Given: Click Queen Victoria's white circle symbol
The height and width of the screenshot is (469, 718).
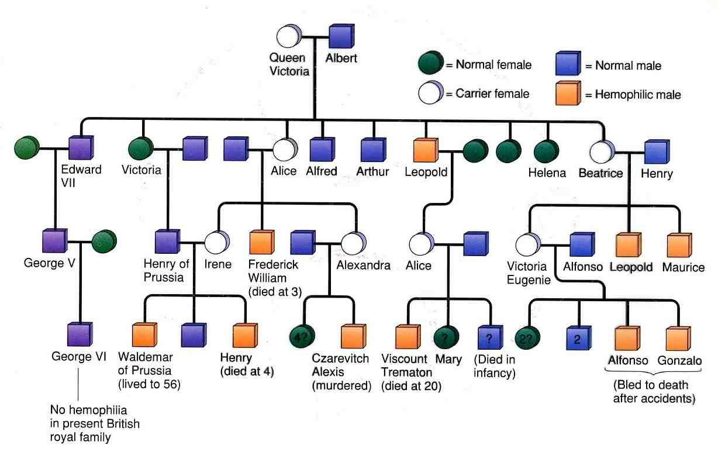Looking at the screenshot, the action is (289, 36).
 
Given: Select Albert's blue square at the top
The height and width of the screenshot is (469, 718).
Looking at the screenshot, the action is (341, 36).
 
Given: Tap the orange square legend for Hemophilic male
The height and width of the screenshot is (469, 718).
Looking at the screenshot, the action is (568, 94).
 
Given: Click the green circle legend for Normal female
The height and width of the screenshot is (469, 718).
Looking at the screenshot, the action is (431, 63).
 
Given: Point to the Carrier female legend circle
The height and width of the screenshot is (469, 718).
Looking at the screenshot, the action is (431, 92).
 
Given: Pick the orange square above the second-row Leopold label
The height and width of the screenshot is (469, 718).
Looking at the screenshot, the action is (426, 150).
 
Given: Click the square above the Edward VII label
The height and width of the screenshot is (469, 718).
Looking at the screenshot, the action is (81, 147).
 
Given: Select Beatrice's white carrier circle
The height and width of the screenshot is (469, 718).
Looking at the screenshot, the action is (602, 151).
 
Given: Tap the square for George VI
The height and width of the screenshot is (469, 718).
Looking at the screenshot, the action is (80, 334).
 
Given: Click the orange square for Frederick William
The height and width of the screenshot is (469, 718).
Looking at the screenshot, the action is (262, 242).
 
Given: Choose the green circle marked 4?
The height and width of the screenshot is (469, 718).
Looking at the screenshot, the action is (302, 336).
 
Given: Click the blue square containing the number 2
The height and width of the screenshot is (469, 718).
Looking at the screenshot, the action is (579, 338).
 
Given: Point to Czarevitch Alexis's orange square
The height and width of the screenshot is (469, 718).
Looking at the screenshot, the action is (353, 336).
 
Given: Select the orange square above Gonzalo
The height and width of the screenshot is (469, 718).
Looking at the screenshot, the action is (678, 339).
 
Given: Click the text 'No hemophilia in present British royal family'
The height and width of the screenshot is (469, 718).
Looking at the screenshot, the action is (95, 423).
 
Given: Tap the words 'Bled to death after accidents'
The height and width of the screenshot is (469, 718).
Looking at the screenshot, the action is (654, 392).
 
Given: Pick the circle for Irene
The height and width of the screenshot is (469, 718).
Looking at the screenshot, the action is (217, 242).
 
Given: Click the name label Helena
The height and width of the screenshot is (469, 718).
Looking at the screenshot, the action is (547, 173).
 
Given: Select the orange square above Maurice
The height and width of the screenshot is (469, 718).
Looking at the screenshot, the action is (679, 245).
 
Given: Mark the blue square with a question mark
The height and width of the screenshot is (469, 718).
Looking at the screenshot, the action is (491, 337).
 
